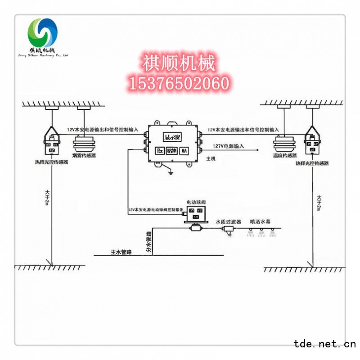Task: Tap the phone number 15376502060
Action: [179, 83]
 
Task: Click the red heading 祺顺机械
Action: [179, 63]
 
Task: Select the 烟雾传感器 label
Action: [84, 156]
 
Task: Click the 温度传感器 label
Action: [285, 156]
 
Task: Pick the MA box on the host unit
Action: [184, 151]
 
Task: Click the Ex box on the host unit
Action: [160, 151]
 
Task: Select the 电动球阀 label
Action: [196, 202]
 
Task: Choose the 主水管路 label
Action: [121, 252]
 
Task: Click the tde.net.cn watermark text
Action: [324, 345]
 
